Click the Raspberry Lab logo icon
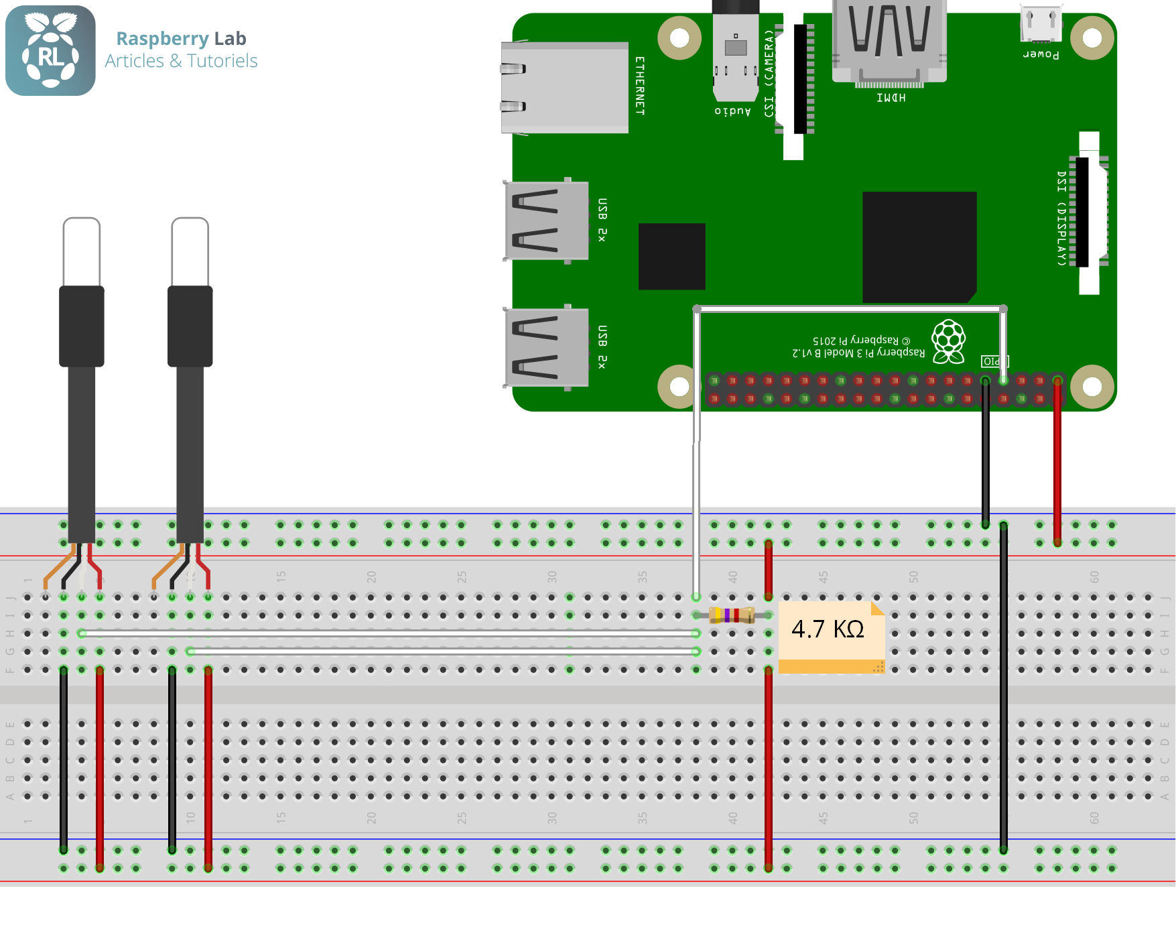coord(50,50)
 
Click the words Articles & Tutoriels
coord(181,61)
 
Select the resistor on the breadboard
coord(732,615)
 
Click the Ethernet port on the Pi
coord(564,87)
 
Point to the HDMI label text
coord(891,98)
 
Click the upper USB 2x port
coord(546,221)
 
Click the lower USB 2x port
coord(546,347)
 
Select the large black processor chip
coord(919,247)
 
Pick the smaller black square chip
coord(671,256)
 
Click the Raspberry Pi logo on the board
coord(949,340)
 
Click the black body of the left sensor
coord(82,326)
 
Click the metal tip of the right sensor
coord(190,251)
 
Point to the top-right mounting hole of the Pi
coord(1092,38)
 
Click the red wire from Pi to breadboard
coord(1057,462)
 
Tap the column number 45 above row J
coord(823,576)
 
